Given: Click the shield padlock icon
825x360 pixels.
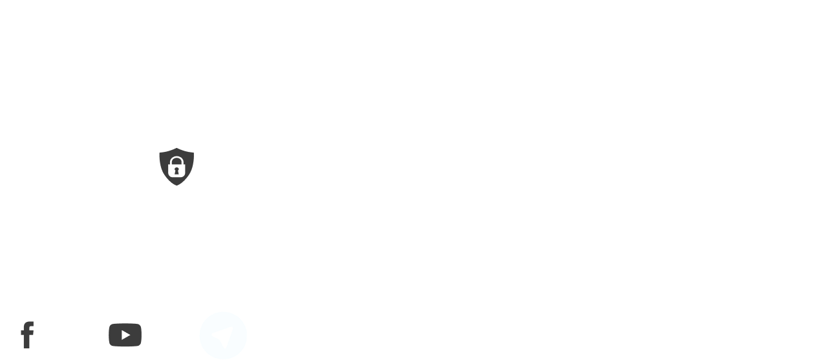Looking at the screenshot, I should (176, 167).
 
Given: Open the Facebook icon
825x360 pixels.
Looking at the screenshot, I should (28, 335).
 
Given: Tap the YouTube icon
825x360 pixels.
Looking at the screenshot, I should (125, 335).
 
